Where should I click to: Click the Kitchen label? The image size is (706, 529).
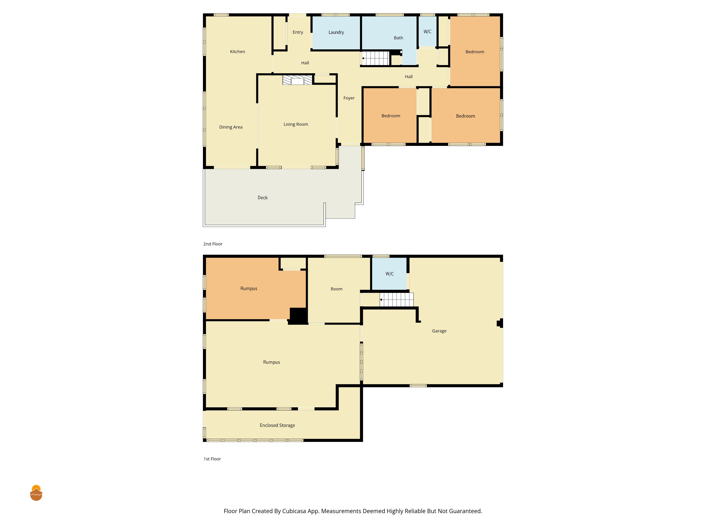237,52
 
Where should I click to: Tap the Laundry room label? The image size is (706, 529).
336,32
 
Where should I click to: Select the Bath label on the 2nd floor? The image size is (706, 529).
398,38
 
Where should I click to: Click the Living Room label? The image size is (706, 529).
296,124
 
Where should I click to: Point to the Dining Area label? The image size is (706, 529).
231,127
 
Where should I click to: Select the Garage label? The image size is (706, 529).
439,331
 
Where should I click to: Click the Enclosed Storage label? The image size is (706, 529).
277,425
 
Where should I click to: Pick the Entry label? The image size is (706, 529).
298,32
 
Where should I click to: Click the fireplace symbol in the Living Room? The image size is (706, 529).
297,80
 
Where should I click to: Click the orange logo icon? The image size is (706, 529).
36,493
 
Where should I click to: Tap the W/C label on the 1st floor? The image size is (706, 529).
389,274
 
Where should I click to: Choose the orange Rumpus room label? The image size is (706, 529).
249,289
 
